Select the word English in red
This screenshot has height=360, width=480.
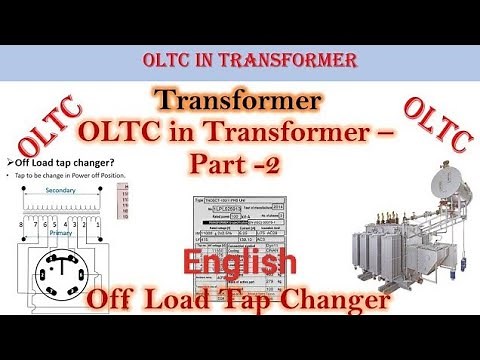click(x=239, y=263)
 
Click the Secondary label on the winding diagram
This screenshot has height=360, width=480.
click(x=62, y=188)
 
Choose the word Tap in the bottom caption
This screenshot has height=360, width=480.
click(x=245, y=298)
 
